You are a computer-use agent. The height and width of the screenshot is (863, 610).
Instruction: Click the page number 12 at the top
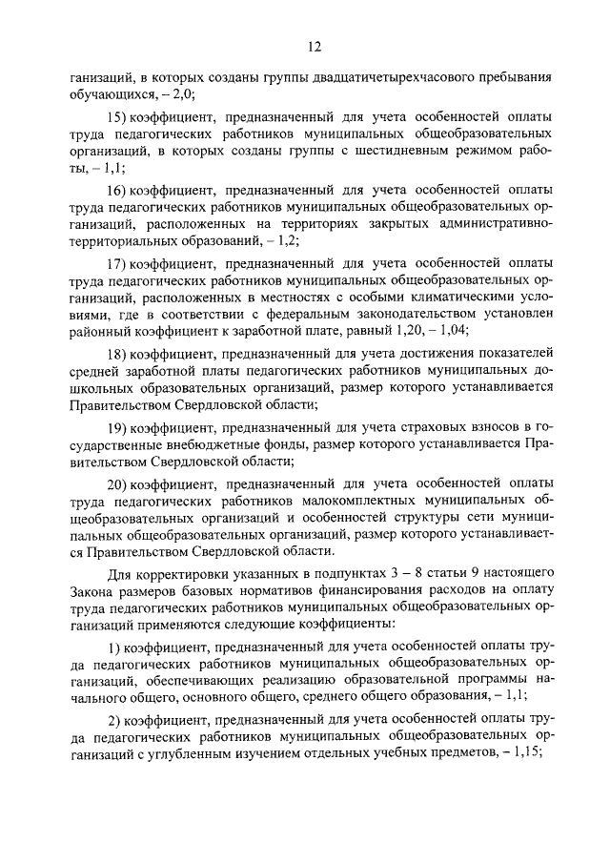click(315, 46)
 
